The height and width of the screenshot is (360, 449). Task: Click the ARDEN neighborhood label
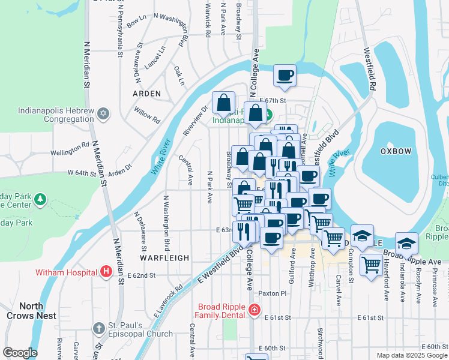[146, 94]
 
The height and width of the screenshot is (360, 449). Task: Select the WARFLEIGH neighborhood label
[164, 257]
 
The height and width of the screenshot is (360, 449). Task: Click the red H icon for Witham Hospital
[106, 272]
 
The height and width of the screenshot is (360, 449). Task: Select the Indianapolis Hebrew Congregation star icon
[103, 113]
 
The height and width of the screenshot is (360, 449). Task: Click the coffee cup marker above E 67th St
[285, 76]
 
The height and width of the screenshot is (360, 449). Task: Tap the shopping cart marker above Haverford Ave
[372, 263]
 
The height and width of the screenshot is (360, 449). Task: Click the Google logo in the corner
[20, 353]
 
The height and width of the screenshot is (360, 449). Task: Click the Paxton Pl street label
[273, 293]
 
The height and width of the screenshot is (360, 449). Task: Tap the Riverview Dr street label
[195, 118]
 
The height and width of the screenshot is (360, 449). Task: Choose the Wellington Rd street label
[70, 149]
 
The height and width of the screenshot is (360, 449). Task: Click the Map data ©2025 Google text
[411, 355]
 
